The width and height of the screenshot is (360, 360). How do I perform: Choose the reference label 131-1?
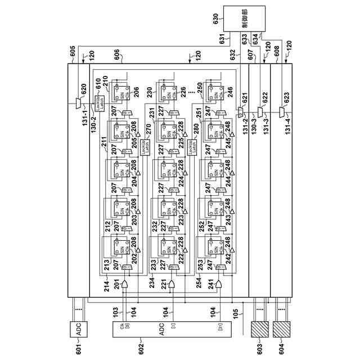pos(78,127)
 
